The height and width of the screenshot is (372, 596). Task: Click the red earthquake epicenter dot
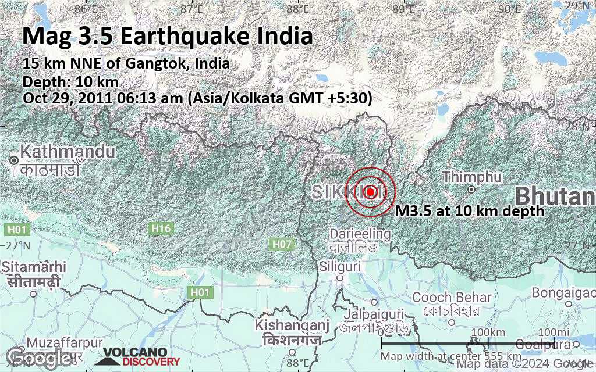point(370,191)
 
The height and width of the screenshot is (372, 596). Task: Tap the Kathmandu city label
point(67,152)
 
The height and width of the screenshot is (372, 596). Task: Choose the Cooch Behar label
point(452,298)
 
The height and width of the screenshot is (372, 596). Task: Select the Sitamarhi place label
point(33,267)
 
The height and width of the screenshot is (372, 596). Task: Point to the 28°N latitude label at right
point(579,125)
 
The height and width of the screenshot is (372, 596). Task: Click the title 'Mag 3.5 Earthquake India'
point(168,36)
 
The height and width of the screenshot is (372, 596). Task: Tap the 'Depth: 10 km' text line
point(70,81)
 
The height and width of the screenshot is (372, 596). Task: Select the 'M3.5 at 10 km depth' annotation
point(470,211)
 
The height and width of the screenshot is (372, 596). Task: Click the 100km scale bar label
point(488,332)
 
